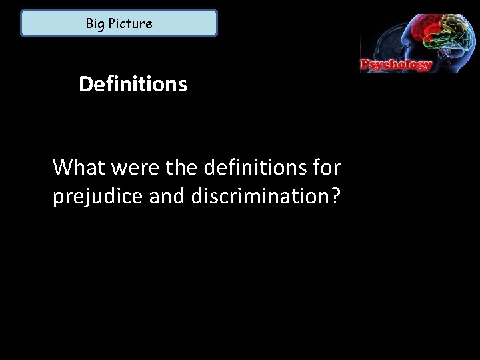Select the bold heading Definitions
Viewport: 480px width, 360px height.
tap(133, 85)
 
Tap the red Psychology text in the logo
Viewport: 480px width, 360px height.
tap(397, 65)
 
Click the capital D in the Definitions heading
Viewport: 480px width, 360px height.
tap(85, 85)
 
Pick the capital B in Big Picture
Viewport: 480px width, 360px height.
tap(89, 24)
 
